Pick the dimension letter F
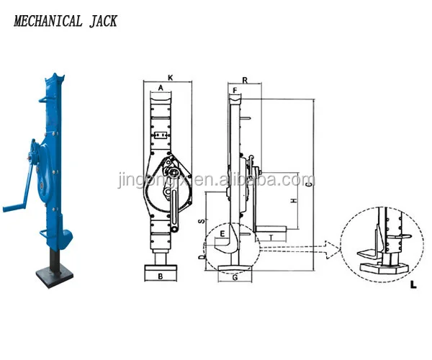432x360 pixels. [235, 91]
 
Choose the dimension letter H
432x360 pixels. [293, 201]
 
